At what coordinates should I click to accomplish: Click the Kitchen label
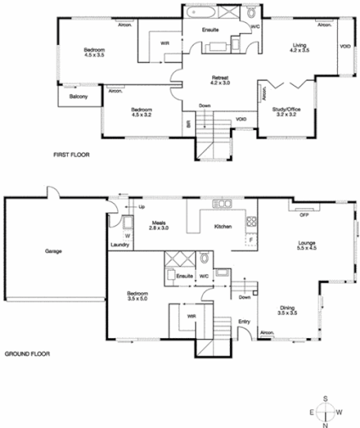coord(223,227)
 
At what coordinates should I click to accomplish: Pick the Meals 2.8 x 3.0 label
coord(160,225)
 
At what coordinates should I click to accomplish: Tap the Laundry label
coord(120,245)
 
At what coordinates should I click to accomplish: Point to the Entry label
coord(245,321)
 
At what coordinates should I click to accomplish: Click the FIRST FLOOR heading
coord(71,155)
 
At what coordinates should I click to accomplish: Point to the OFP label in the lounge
coord(302,207)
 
